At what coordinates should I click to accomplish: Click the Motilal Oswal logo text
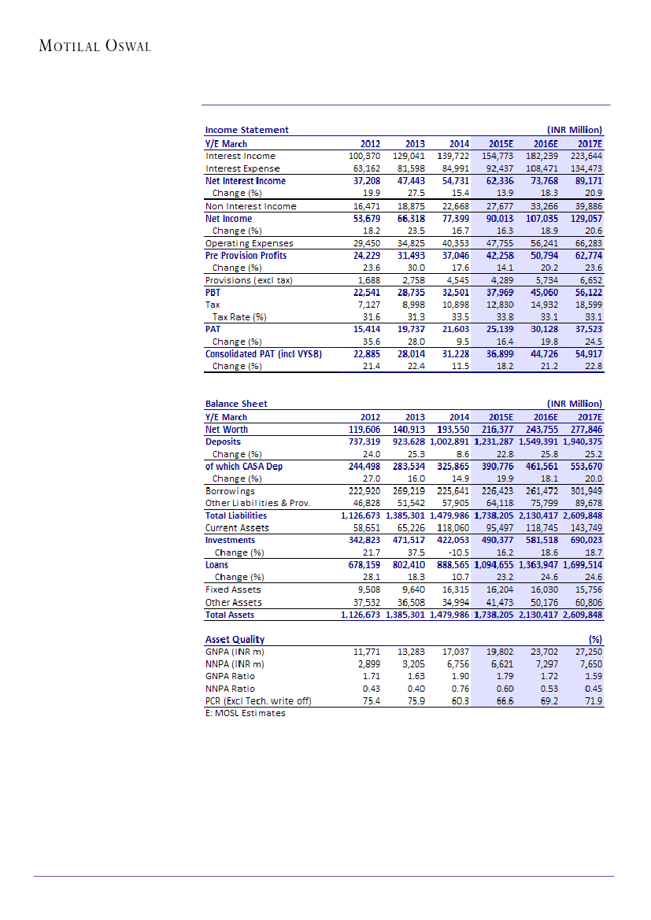pos(94,46)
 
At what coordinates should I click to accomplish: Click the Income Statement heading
pos(246,130)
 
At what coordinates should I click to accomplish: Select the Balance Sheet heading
pos(236,404)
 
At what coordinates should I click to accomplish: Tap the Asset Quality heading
pos(235,639)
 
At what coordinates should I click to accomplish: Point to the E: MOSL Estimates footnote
pos(245,713)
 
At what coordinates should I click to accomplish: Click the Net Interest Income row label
pos(245,181)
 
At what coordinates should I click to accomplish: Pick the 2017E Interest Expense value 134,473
pos(585,168)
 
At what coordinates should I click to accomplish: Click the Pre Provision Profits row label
pos(246,256)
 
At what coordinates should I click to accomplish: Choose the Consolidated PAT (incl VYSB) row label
pos(263,354)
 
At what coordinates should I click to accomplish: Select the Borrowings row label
pos(230,490)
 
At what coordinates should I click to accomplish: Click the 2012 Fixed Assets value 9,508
pos(368,589)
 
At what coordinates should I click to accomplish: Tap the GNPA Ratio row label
pos(230,676)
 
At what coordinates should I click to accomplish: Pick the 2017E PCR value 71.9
pos(592,700)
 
